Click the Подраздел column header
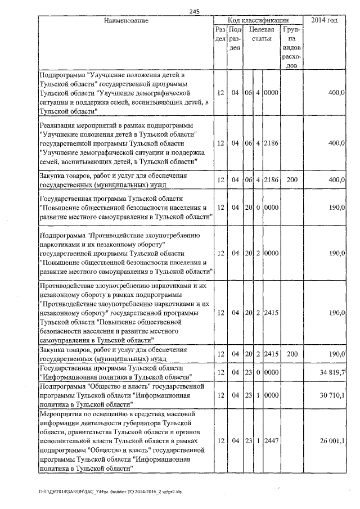(236, 39)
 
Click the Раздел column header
(221, 34)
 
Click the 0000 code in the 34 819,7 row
(271, 372)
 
